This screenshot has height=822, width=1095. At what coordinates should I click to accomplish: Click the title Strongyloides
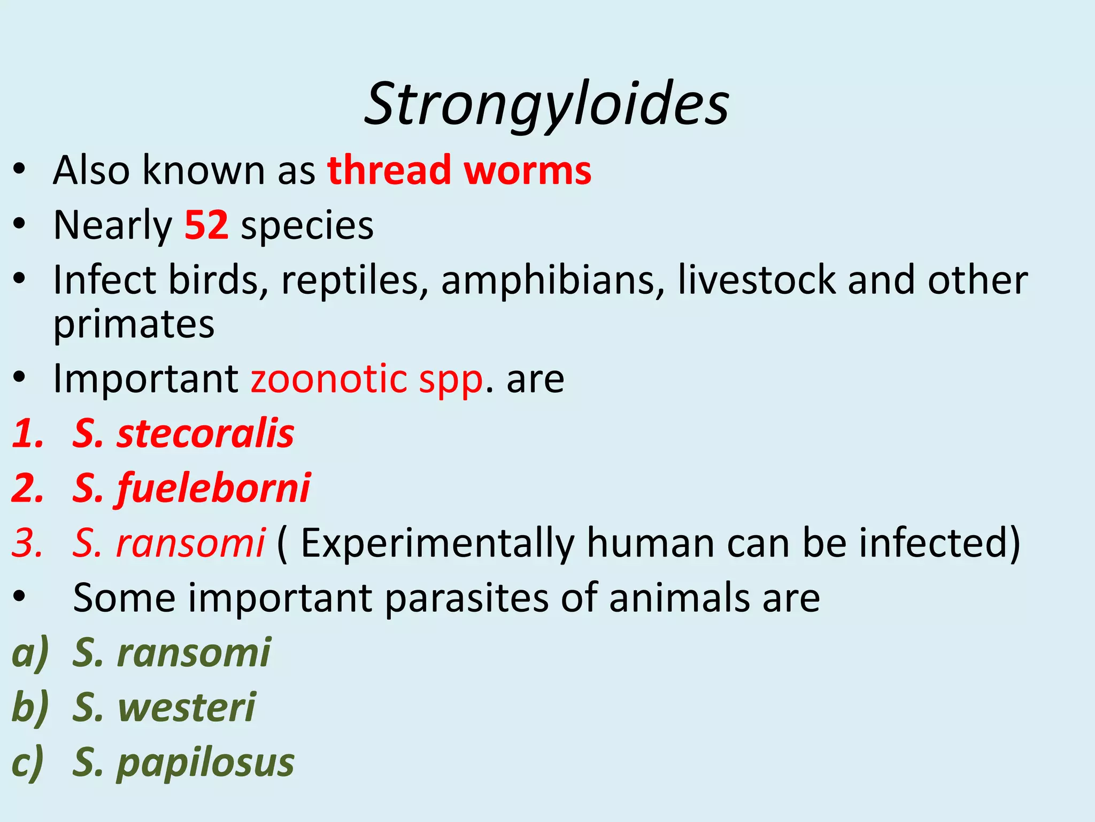click(546, 104)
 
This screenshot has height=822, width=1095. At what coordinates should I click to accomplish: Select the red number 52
click(206, 225)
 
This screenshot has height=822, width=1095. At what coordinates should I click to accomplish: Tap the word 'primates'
click(134, 325)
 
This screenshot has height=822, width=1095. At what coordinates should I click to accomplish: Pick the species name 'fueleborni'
click(213, 489)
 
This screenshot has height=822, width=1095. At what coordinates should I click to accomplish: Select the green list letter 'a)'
click(30, 653)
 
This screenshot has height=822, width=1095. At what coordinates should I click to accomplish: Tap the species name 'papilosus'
click(205, 763)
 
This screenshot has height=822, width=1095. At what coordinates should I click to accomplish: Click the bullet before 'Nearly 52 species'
click(20, 225)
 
